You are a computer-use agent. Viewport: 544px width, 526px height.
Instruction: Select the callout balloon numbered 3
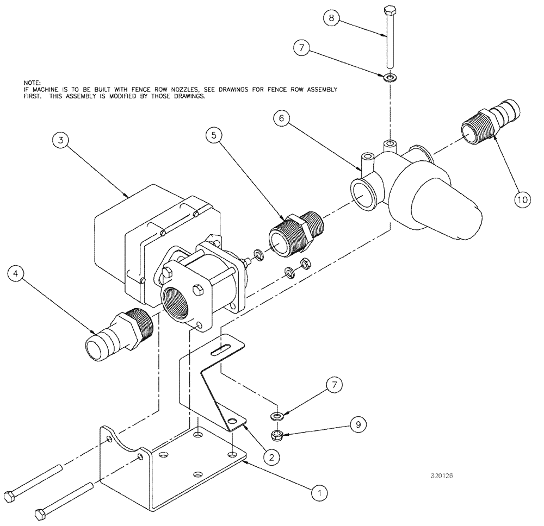tap(62, 140)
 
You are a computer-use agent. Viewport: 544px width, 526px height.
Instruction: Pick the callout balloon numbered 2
tap(273, 456)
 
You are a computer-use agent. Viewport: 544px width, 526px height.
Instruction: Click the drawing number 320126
tap(441, 475)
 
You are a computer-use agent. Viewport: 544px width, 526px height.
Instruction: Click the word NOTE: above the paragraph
tap(25, 82)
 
